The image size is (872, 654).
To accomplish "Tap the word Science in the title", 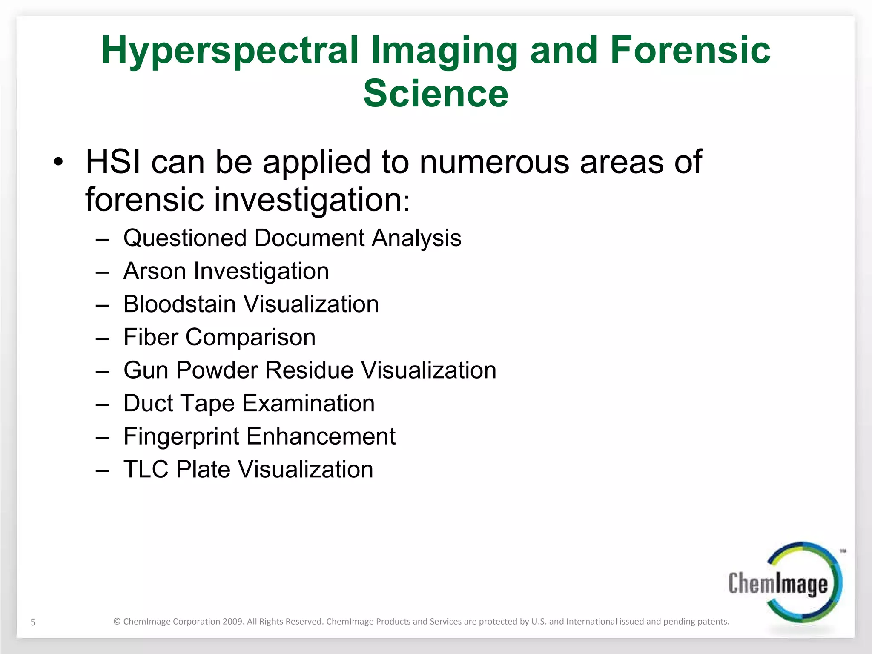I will pyautogui.click(x=436, y=94).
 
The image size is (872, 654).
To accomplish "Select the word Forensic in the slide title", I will pyautogui.click(x=690, y=50).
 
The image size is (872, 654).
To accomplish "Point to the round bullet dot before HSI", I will pyautogui.click(x=58, y=162).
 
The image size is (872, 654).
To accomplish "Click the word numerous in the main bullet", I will pyautogui.click(x=494, y=162).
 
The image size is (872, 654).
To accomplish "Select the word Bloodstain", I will pyautogui.click(x=179, y=304).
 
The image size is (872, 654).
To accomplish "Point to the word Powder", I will pyautogui.click(x=217, y=370).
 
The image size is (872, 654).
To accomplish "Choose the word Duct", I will pyautogui.click(x=148, y=403).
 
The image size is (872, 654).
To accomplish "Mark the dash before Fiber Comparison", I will pyautogui.click(x=103, y=339).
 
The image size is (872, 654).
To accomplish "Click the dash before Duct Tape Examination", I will pyautogui.click(x=103, y=405).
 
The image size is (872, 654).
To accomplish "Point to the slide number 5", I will pyautogui.click(x=33, y=622).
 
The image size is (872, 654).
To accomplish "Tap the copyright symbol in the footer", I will pyautogui.click(x=117, y=622).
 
